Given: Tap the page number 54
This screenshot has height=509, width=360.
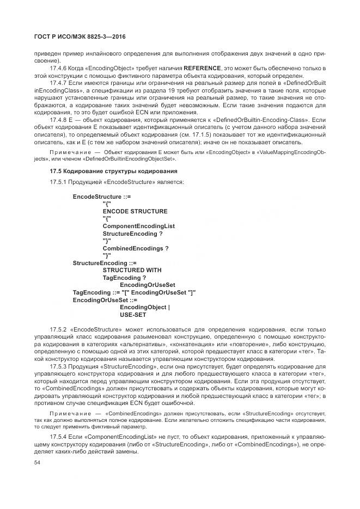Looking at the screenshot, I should click(x=38, y=462).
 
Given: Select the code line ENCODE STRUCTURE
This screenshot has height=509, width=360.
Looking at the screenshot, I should click(x=135, y=211).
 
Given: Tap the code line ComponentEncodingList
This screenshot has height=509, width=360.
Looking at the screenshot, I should click(x=138, y=225).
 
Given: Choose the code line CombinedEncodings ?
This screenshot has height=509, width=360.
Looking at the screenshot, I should click(x=135, y=248).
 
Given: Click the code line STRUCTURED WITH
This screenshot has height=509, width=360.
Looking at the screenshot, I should click(x=132, y=270).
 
